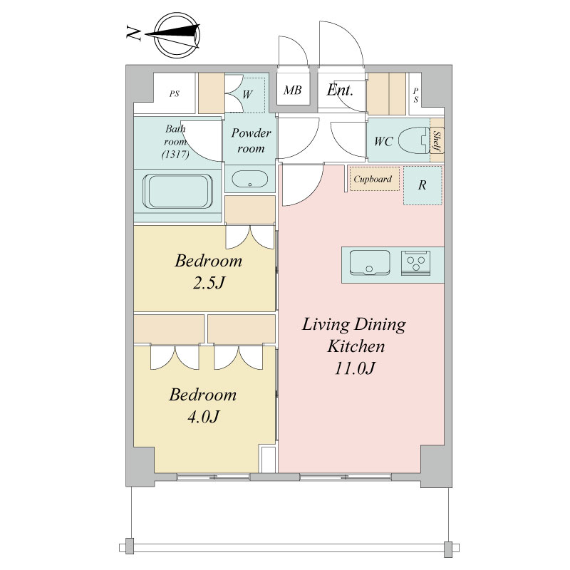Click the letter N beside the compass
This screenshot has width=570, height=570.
[133, 33]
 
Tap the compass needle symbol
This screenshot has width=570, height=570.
[173, 35]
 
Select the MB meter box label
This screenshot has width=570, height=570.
[293, 90]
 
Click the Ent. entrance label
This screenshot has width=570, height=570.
[340, 90]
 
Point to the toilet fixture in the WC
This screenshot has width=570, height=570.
[414, 140]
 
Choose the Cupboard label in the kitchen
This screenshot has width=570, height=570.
[373, 180]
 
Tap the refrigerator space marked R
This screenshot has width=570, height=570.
[423, 185]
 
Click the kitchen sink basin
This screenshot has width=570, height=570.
[370, 262]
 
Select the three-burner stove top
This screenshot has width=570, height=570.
[416, 263]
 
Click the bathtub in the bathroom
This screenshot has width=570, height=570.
[177, 192]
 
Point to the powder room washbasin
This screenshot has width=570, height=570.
[250, 179]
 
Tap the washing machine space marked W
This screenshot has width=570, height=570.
[247, 94]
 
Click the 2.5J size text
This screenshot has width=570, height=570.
[209, 282]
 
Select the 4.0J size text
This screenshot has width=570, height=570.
[204, 417]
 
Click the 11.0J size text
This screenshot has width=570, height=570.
[354, 368]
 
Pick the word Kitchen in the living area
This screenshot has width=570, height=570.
[356, 346]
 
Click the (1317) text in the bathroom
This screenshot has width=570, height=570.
[175, 155]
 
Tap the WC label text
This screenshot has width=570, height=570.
[383, 141]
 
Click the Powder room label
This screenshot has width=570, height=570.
[251, 140]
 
